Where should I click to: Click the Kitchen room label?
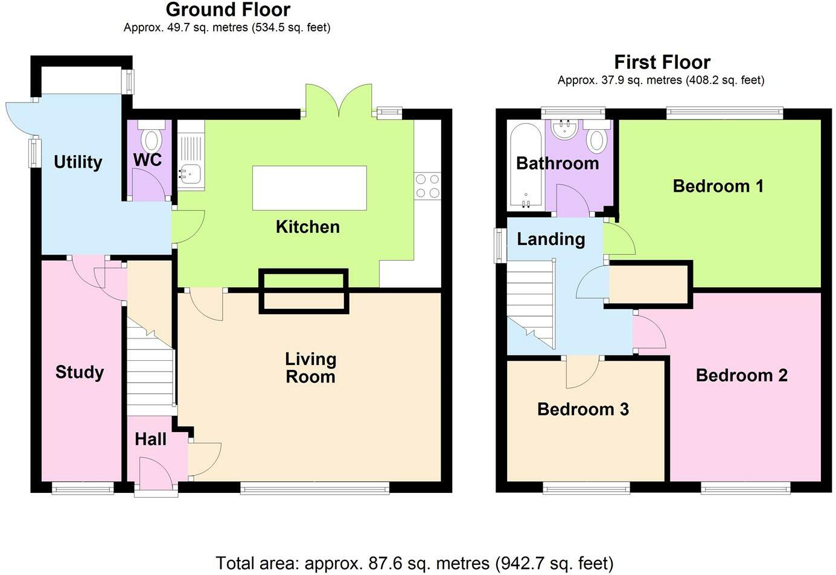[307, 227]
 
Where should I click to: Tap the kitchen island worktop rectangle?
[309, 188]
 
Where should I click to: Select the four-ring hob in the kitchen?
[427, 186]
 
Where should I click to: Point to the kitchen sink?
[190, 173]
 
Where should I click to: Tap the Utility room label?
[78, 162]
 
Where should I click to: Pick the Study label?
[79, 372]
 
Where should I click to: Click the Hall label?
[150, 439]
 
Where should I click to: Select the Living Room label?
[310, 367]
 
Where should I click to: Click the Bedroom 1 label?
[718, 186]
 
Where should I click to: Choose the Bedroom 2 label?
[741, 375]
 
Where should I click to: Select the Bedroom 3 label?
[582, 409]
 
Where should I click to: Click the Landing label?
[550, 239]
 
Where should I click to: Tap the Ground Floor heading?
[228, 10]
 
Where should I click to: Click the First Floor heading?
[662, 62]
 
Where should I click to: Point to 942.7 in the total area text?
[520, 564]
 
